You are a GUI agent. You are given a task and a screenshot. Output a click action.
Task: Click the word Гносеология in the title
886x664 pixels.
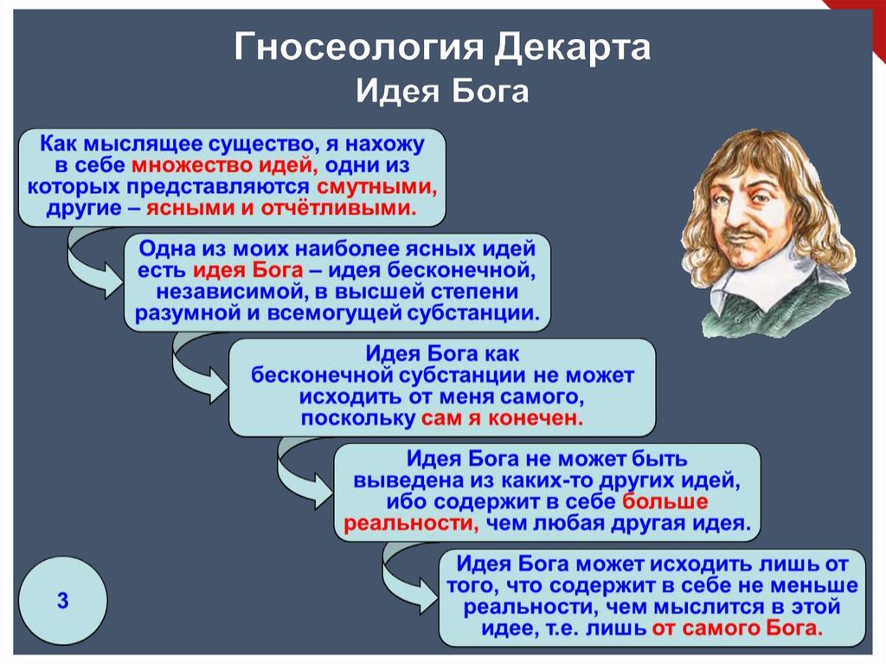(x=359, y=48)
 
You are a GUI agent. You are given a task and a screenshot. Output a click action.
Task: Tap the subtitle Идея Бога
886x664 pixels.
(x=442, y=91)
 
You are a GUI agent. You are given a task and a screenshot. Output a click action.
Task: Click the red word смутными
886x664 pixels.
(x=376, y=187)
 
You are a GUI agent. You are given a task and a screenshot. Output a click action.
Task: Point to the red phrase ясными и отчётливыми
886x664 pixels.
(x=281, y=208)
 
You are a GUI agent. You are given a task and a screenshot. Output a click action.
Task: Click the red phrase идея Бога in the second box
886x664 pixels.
(x=248, y=270)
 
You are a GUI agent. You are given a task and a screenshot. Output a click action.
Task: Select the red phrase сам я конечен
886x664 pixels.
(x=502, y=418)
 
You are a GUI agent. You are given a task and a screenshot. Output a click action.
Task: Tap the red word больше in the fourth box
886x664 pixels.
(x=664, y=501)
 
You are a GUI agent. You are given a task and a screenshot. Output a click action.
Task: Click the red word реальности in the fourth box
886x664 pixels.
(x=411, y=523)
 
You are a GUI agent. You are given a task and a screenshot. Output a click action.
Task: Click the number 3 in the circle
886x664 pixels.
(x=62, y=600)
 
